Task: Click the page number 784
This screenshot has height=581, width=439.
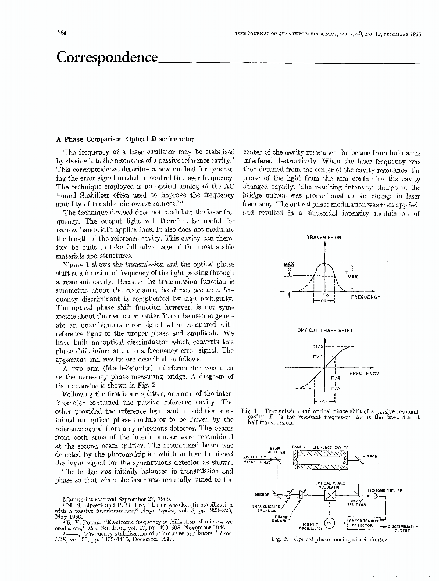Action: point(61,33)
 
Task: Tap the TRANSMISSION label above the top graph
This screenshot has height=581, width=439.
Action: point(324,238)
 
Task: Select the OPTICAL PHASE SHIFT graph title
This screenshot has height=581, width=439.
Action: point(325,330)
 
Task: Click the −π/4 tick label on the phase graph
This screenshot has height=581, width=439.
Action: point(341,378)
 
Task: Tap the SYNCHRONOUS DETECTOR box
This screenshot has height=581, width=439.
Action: point(363,523)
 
